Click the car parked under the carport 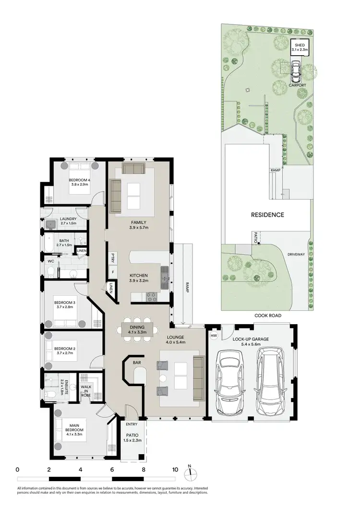(x=296, y=72)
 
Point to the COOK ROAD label (x=268, y=316)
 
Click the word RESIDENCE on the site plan (x=268, y=215)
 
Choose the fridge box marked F (x=112, y=272)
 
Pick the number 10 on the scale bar (x=175, y=469)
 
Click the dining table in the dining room (x=137, y=329)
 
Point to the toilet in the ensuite (x=50, y=395)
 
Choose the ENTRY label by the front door (x=132, y=424)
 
